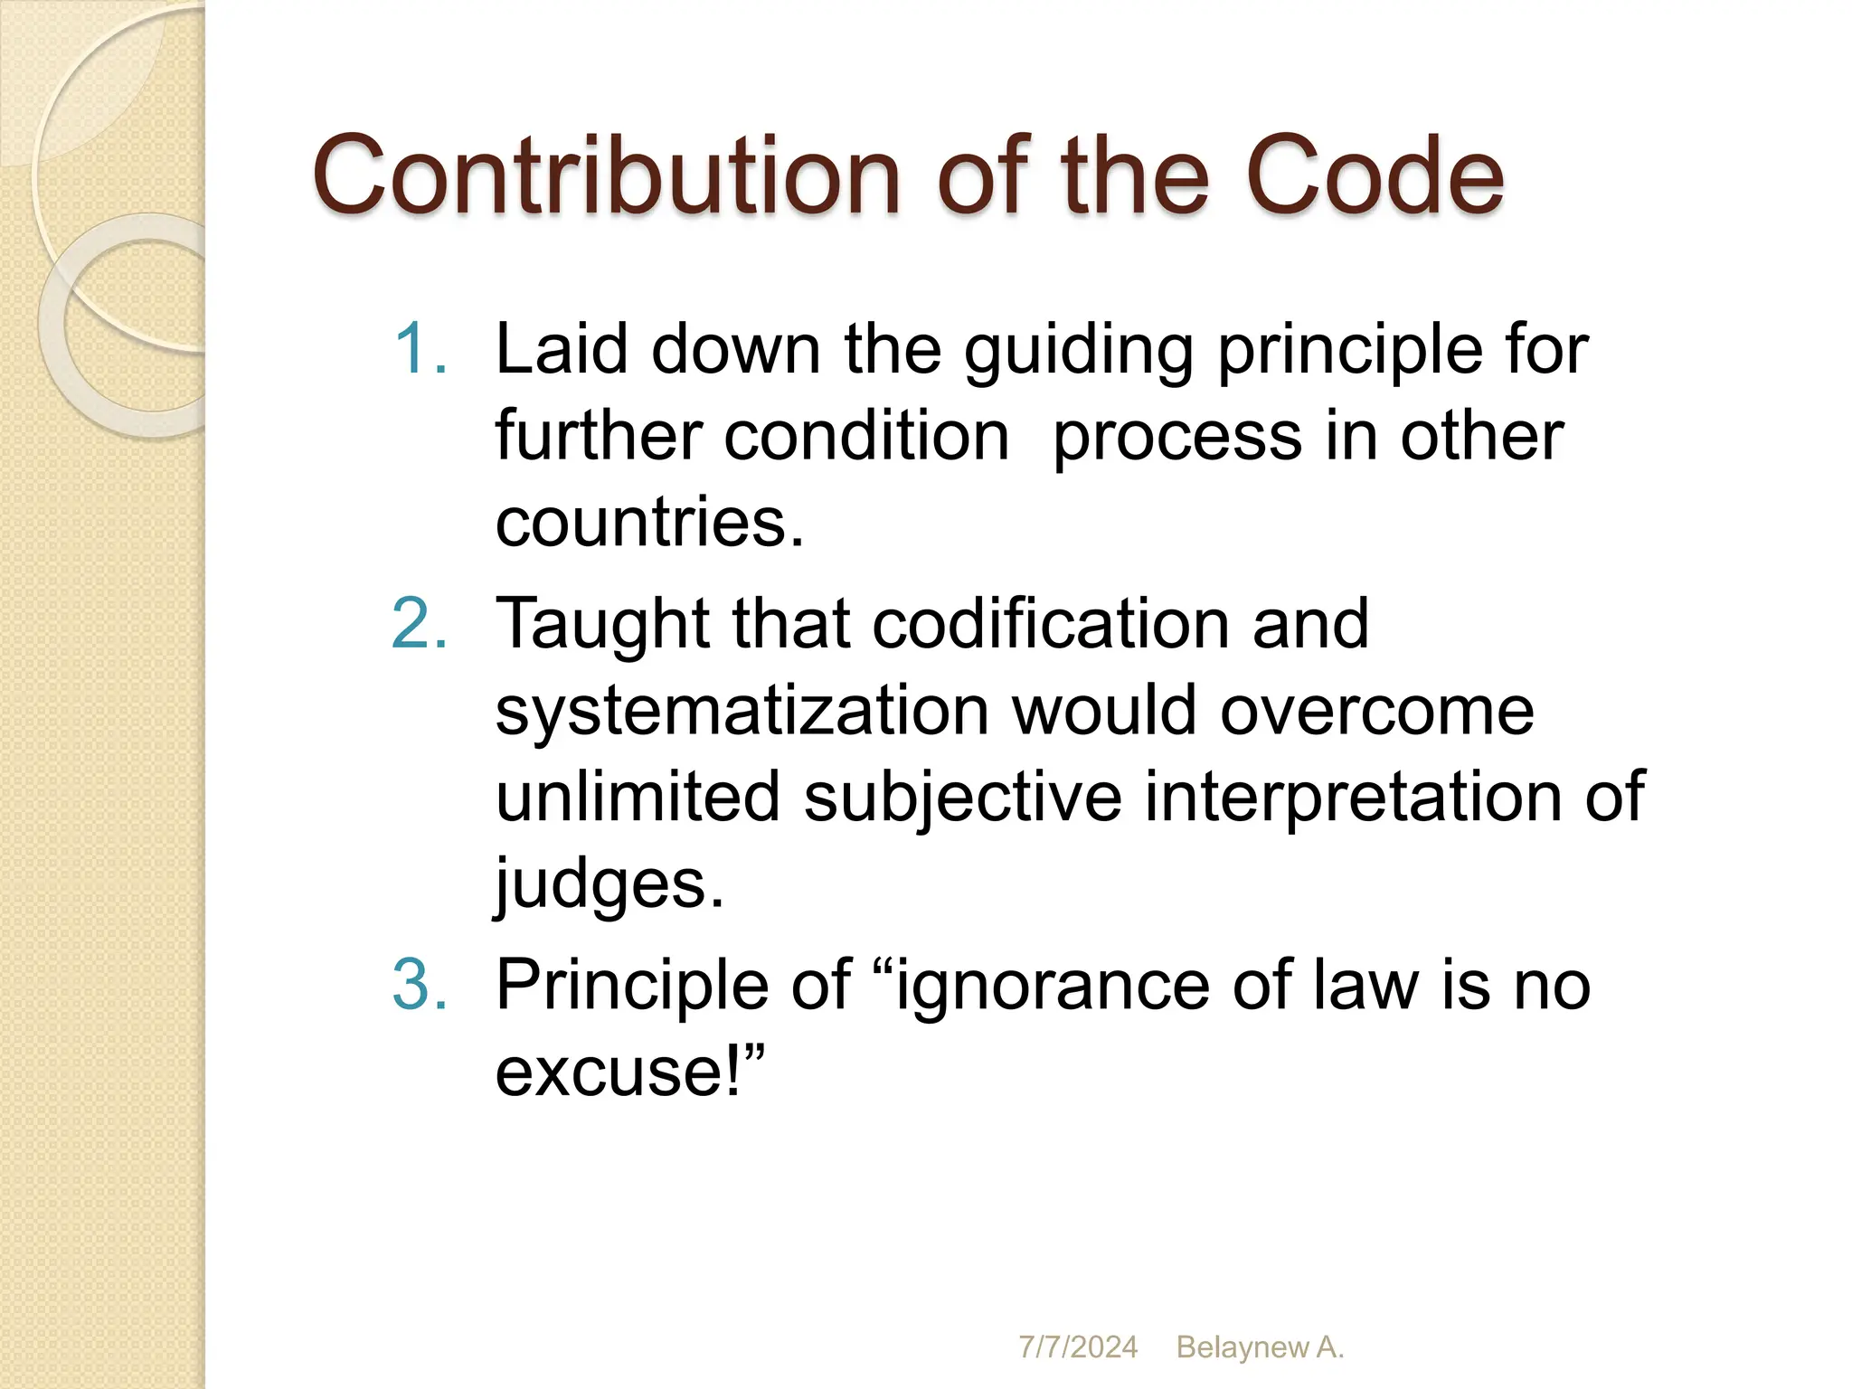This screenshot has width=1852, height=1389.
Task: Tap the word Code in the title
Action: coord(1375,175)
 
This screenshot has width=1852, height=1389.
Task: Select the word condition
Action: coord(865,436)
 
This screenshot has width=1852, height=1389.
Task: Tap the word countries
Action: coord(649,522)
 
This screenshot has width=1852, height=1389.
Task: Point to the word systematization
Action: coord(742,710)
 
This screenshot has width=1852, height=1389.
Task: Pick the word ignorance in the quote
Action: coord(1053,986)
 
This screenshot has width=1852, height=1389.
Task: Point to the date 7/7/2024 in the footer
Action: coord(1078,1347)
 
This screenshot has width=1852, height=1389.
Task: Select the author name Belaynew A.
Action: coord(1260,1347)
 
